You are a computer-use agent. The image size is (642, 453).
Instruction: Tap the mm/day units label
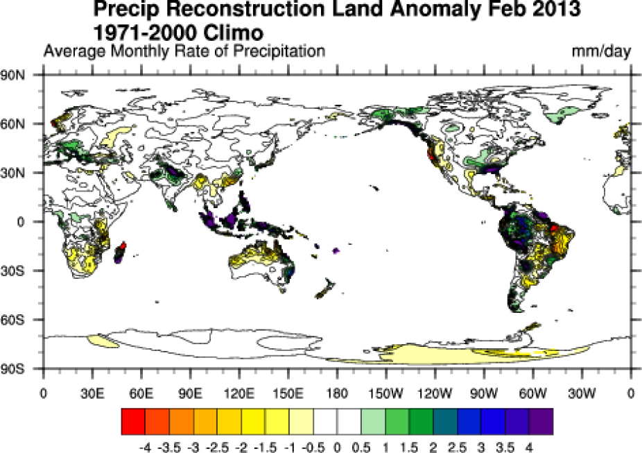pyautogui.click(x=601, y=51)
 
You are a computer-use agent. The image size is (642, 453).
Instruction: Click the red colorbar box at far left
pyautogui.click(x=132, y=420)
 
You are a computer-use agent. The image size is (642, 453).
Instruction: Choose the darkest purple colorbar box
pyautogui.click(x=541, y=420)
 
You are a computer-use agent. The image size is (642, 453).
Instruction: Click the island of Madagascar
pyautogui.click(x=120, y=253)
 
